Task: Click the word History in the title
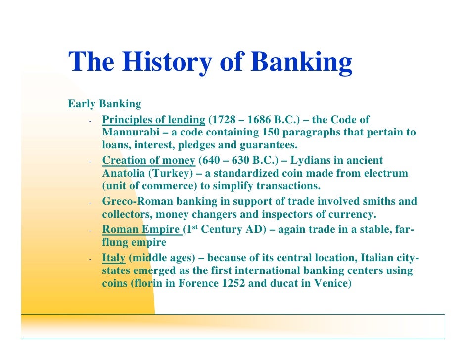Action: click(x=163, y=62)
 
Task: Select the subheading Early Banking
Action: click(x=104, y=104)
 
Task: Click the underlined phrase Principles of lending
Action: click(x=153, y=120)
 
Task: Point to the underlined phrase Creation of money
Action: click(x=148, y=160)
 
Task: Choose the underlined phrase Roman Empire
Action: click(x=141, y=230)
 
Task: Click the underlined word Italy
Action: click(x=113, y=258)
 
